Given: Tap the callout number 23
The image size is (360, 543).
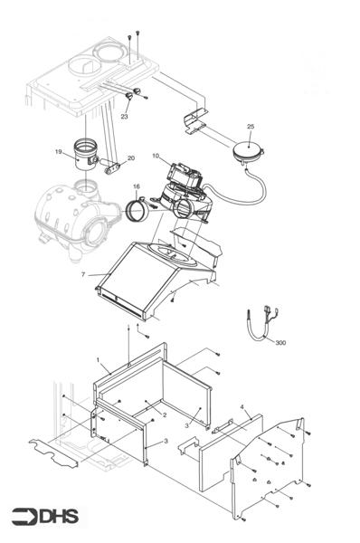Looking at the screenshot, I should [x=125, y=116].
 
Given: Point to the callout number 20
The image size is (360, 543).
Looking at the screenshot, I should [x=131, y=158].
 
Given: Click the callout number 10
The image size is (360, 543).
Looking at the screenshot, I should [x=156, y=157].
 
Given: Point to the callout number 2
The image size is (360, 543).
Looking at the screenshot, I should [x=164, y=414].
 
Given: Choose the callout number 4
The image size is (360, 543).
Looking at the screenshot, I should [x=242, y=408].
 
